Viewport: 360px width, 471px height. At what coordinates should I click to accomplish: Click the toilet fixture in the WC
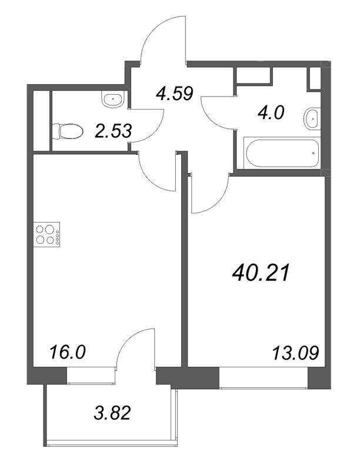[68, 131]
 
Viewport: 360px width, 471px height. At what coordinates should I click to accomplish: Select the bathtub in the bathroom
[282, 153]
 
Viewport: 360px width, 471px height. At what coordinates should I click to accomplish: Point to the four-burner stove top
[47, 234]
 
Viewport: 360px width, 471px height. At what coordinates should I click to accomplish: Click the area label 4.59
[174, 94]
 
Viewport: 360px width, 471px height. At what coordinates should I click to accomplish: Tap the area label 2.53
[113, 131]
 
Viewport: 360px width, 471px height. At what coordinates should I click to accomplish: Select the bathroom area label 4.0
[271, 113]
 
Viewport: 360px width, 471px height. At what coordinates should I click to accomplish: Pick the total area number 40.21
[261, 273]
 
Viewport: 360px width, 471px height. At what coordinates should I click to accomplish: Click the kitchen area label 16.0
[68, 352]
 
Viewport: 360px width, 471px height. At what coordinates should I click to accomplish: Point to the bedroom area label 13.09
[295, 353]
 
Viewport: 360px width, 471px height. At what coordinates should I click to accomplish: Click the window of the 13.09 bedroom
[264, 377]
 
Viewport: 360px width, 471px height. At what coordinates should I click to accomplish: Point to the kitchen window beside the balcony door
[91, 375]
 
